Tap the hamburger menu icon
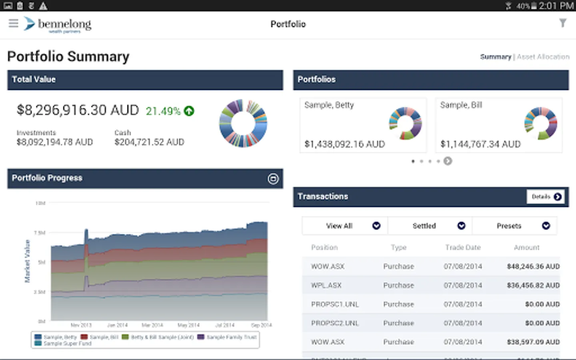click(x=13, y=23)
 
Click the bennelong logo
click(x=58, y=24)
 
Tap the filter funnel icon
click(x=563, y=23)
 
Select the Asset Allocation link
click(x=543, y=57)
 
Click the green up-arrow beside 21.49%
click(x=189, y=111)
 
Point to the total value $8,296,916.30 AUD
click(x=78, y=110)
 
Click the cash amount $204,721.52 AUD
click(x=149, y=142)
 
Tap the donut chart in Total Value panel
click(x=243, y=123)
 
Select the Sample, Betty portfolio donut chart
click(x=405, y=123)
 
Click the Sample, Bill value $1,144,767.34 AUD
click(x=480, y=144)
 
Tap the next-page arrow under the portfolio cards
click(x=448, y=161)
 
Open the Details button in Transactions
click(x=546, y=196)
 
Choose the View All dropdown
click(x=345, y=226)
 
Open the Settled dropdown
click(x=430, y=226)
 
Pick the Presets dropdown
click(x=515, y=226)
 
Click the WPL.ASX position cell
click(x=326, y=285)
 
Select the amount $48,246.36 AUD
click(x=533, y=266)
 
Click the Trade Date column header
click(x=463, y=248)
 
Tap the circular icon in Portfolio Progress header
click(x=273, y=179)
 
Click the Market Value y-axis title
click(x=27, y=261)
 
